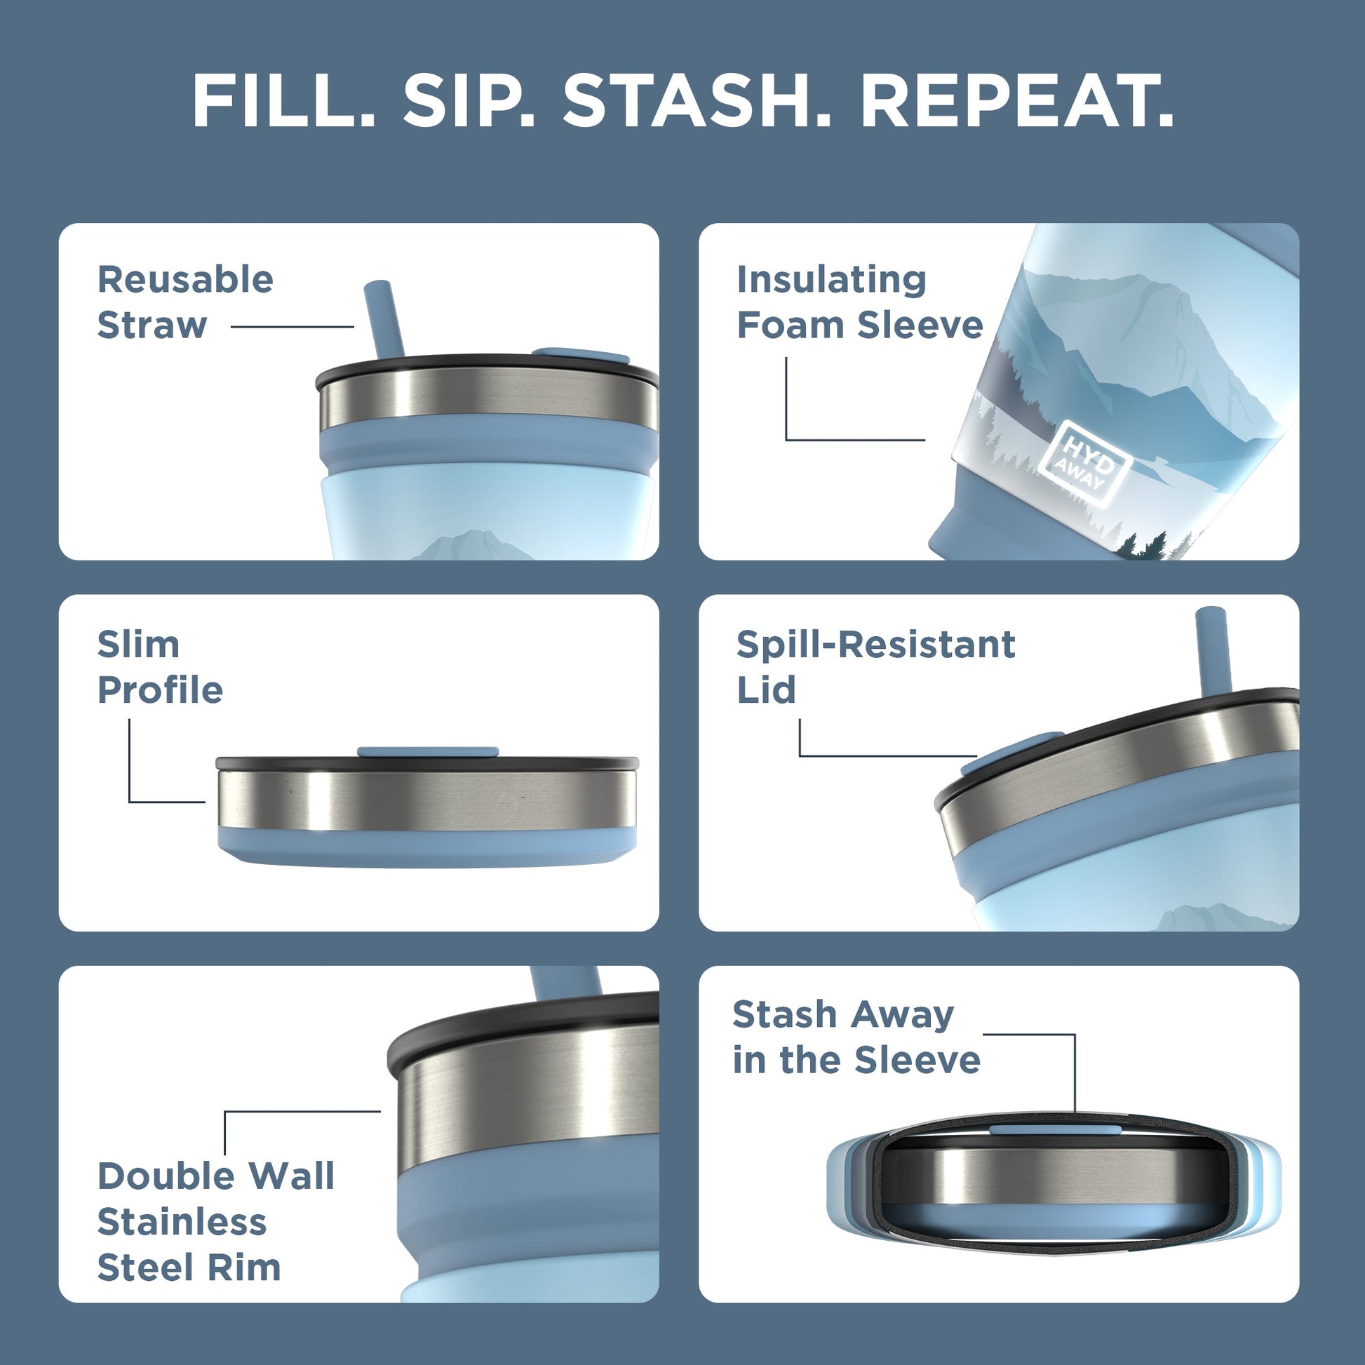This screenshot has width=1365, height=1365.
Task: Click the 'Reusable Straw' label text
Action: coord(185,302)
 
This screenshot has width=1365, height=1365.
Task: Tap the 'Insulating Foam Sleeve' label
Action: coord(859,302)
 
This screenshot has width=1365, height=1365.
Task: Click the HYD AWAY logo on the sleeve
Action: coord(1084,463)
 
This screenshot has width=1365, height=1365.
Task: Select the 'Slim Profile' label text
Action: coord(160,667)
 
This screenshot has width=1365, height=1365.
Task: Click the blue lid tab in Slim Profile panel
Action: coord(427,752)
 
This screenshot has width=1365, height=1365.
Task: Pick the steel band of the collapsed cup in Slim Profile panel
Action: coord(427,800)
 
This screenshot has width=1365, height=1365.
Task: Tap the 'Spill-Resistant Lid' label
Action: coord(875,667)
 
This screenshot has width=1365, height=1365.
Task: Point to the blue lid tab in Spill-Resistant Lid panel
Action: coord(1011,746)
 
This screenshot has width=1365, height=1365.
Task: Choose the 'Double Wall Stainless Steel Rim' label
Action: coord(215,1222)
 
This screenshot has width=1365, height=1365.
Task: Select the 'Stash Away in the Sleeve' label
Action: coord(856,1037)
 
